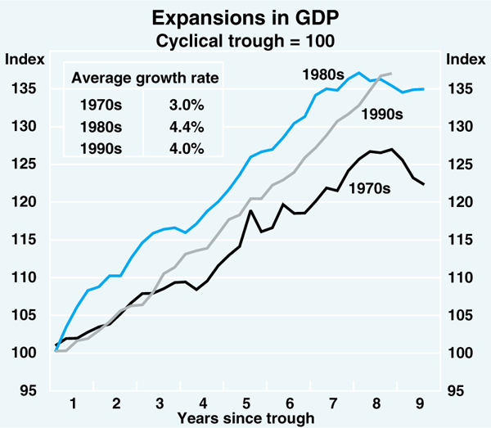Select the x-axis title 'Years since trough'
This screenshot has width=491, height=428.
pyautogui.click(x=245, y=418)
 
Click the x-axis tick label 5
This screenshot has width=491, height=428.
pyautogui.click(x=247, y=403)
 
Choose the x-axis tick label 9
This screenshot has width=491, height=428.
pyautogui.click(x=421, y=403)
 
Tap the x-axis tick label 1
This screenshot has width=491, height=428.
pyautogui.click(x=73, y=403)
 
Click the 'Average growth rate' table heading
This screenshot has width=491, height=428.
pyautogui.click(x=146, y=79)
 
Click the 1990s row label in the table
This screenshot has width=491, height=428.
pyautogui.click(x=101, y=147)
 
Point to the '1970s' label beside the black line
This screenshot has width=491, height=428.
pyautogui.click(x=371, y=189)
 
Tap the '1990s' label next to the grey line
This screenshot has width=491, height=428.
pyautogui.click(x=382, y=115)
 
